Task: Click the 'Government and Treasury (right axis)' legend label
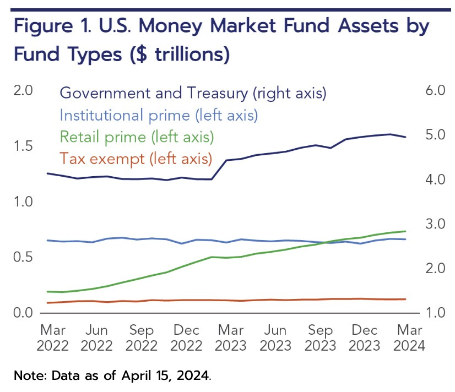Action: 193,94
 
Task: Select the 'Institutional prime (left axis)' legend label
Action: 159,116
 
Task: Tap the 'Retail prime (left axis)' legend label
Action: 137,137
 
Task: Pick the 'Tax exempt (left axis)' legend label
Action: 136,159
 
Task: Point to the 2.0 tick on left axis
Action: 23,90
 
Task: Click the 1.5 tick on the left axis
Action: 23,146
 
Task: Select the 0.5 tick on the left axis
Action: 23,257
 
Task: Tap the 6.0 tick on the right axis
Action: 435,90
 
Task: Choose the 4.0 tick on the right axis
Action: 435,179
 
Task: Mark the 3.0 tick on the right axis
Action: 435,224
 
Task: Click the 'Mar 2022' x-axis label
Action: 52,338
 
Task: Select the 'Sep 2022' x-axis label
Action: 142,338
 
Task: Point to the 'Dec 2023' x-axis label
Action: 365,338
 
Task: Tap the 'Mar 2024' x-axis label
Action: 409,338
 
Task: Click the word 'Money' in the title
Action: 170,26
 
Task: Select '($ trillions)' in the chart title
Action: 180,55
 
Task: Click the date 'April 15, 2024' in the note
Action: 165,376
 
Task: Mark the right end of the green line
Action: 405,231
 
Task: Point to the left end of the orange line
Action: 47,303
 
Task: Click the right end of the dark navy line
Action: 405,137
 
